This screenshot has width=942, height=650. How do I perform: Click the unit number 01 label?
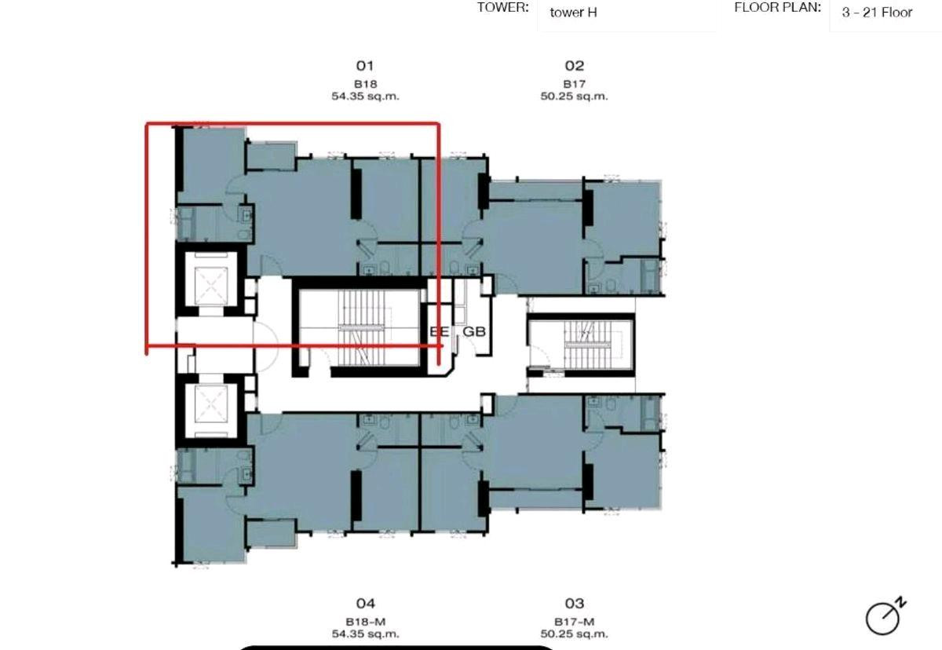[x=365, y=66]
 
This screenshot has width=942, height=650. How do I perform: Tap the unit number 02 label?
[x=574, y=66]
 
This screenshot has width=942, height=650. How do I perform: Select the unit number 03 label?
[x=574, y=604]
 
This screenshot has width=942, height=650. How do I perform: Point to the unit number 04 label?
[x=365, y=604]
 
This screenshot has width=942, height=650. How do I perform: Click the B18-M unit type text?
[x=366, y=622]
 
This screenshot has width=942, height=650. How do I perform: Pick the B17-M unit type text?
[x=574, y=622]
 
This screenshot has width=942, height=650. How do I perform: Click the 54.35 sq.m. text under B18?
[x=366, y=97]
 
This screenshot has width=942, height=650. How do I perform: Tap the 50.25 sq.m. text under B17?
[x=574, y=97]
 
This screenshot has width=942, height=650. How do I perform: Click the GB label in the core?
[x=474, y=332]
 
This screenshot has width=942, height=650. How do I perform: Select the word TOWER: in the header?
[x=502, y=8]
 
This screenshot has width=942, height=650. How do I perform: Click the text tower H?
[x=573, y=13]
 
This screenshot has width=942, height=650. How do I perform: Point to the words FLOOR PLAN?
[x=778, y=8]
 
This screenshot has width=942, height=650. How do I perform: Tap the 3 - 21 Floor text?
[x=877, y=13]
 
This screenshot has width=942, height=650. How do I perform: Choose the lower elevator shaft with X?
[x=210, y=410]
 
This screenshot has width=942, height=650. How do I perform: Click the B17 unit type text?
[x=574, y=84]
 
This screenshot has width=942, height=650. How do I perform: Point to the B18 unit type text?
[x=366, y=84]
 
